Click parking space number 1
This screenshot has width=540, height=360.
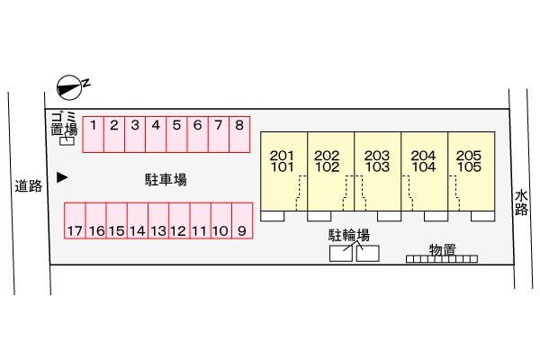[94, 133]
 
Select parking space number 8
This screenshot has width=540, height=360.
[238, 133]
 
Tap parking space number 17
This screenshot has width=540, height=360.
[74, 221]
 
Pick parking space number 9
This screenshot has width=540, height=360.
[241, 221]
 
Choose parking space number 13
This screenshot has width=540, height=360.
[157, 221]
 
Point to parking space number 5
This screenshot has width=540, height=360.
[176, 133]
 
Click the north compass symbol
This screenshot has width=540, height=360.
[70, 85]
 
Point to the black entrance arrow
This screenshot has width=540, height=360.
[61, 178]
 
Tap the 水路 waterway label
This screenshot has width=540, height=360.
[521, 202]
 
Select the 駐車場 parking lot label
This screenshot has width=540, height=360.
[166, 180]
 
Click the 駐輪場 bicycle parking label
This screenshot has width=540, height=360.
[349, 236]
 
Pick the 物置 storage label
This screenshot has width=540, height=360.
[441, 247]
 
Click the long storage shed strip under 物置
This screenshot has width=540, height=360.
[441, 260]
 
